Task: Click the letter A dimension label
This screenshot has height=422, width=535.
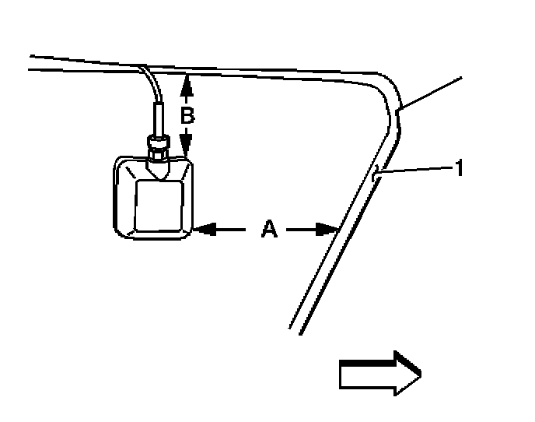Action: (268, 229)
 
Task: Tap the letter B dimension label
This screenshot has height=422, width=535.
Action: (187, 115)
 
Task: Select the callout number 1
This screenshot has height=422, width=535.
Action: (460, 167)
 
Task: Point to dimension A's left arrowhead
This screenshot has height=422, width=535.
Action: (201, 229)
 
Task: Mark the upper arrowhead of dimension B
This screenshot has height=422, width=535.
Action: (186, 80)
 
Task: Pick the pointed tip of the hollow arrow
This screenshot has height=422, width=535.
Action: (421, 374)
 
